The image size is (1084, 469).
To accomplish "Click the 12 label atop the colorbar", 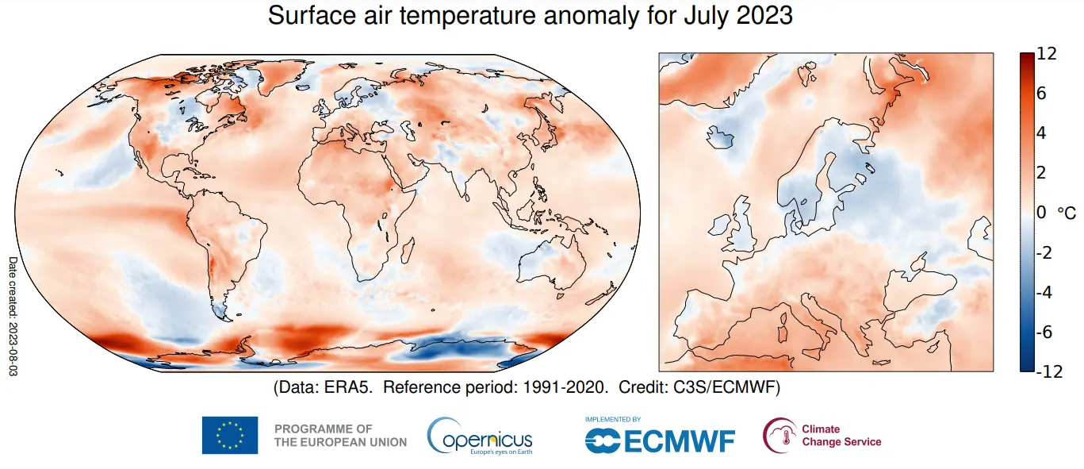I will click(x=1047, y=55).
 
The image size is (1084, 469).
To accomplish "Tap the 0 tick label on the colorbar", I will click(x=1040, y=213).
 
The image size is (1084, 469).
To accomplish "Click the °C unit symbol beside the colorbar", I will click(x=1067, y=213).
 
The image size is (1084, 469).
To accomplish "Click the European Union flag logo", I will click(x=230, y=435).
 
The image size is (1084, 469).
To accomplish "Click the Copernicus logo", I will click(x=480, y=436).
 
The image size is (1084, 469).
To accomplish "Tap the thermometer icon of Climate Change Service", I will click(x=780, y=435).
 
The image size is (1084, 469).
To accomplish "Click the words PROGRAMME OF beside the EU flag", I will click(x=323, y=429).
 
